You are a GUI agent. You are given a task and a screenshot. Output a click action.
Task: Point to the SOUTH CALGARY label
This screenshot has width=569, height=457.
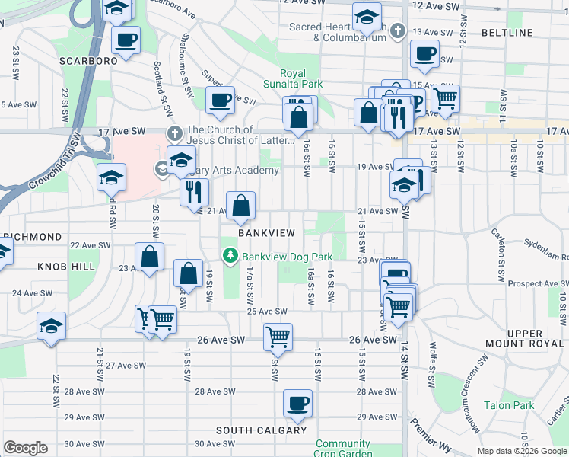(261, 430)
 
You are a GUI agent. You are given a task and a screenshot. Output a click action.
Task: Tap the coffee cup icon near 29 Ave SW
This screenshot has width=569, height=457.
(297, 404)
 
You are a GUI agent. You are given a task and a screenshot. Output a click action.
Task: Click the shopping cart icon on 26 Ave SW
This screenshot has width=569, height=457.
(278, 336)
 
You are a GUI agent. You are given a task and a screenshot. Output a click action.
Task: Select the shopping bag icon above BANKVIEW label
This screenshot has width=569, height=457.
(240, 206)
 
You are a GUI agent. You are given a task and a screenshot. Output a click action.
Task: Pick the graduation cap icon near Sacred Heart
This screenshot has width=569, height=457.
(366, 18)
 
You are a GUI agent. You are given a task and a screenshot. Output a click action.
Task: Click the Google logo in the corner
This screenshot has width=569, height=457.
(25, 447)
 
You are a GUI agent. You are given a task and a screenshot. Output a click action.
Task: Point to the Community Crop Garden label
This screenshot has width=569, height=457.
(343, 449)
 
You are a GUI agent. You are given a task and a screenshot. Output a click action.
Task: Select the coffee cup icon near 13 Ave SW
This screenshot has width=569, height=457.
(424, 54)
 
